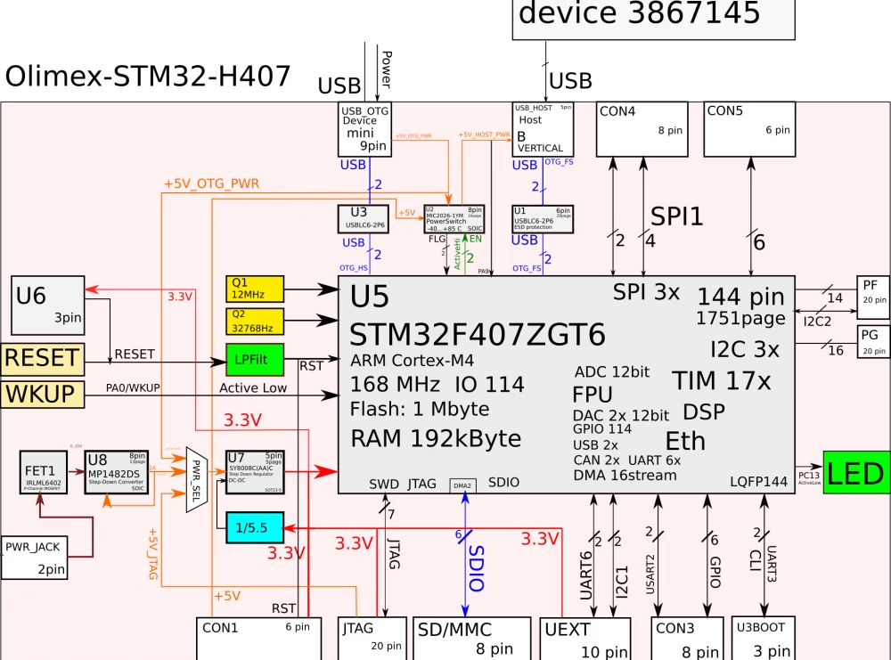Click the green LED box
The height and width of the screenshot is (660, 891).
(x=856, y=473)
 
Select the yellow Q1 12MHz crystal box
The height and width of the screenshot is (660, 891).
(x=254, y=289)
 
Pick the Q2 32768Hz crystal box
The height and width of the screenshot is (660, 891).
(x=254, y=320)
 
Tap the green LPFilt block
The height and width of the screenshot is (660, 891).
(x=254, y=359)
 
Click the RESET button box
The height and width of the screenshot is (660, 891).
(x=41, y=358)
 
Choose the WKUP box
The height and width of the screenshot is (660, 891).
(x=41, y=394)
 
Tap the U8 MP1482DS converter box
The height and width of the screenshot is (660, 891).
(x=116, y=471)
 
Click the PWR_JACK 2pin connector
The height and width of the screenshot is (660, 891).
(x=34, y=558)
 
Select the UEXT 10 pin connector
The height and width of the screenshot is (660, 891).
(x=585, y=639)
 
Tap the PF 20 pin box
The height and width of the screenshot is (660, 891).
(x=873, y=291)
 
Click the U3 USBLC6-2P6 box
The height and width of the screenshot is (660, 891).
(x=364, y=218)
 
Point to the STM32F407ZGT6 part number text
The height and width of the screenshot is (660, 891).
(x=478, y=334)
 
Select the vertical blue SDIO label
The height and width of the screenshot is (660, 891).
(x=475, y=568)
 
